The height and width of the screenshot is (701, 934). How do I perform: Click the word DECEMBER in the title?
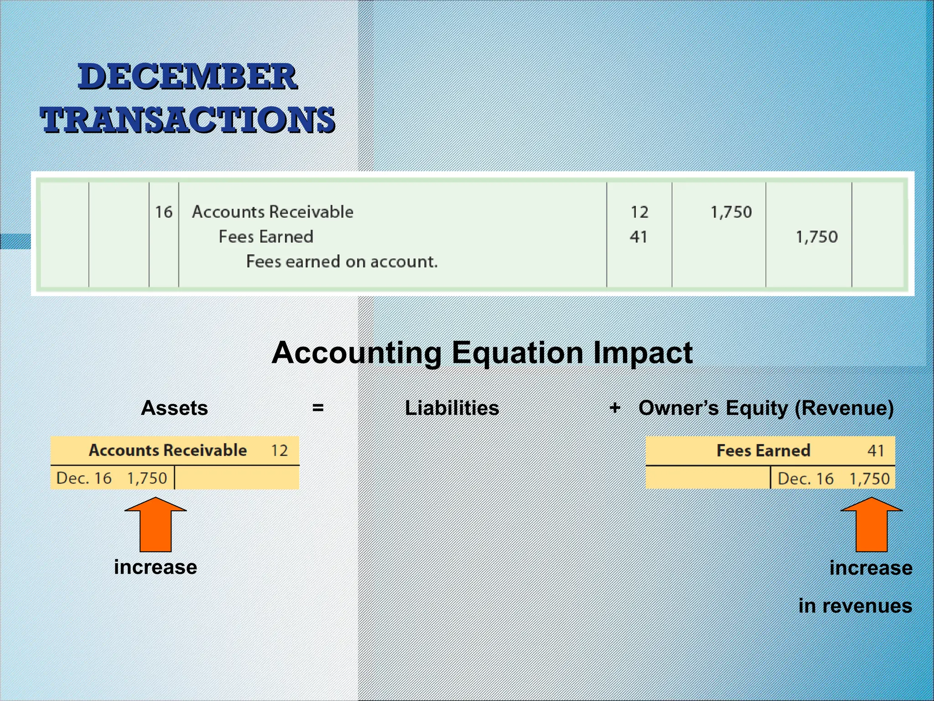(187, 77)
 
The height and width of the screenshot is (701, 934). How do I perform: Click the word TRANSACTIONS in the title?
(187, 120)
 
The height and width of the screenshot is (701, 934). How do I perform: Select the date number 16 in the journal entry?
(164, 212)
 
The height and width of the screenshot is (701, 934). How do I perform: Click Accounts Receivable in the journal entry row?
(272, 212)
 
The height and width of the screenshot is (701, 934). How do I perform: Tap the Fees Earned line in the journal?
(266, 236)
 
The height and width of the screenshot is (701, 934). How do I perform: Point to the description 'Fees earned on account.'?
(342, 262)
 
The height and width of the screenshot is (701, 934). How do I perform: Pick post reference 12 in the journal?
(639, 212)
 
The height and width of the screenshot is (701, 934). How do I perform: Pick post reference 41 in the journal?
(638, 237)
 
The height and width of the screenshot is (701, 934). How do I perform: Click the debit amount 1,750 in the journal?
(731, 212)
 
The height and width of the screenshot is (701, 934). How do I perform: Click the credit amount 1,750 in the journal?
(816, 237)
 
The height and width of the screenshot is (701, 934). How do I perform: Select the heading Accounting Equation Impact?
(482, 353)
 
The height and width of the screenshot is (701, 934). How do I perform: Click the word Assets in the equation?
(174, 408)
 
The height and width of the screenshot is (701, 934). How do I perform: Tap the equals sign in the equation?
(318, 408)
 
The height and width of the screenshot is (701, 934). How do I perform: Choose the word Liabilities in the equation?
(451, 408)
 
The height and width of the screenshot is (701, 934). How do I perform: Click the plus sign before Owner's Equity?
(615, 407)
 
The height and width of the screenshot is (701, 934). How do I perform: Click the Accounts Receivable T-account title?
(168, 450)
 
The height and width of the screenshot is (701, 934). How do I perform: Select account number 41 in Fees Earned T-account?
(876, 451)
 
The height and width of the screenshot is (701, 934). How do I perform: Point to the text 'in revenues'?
(855, 606)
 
